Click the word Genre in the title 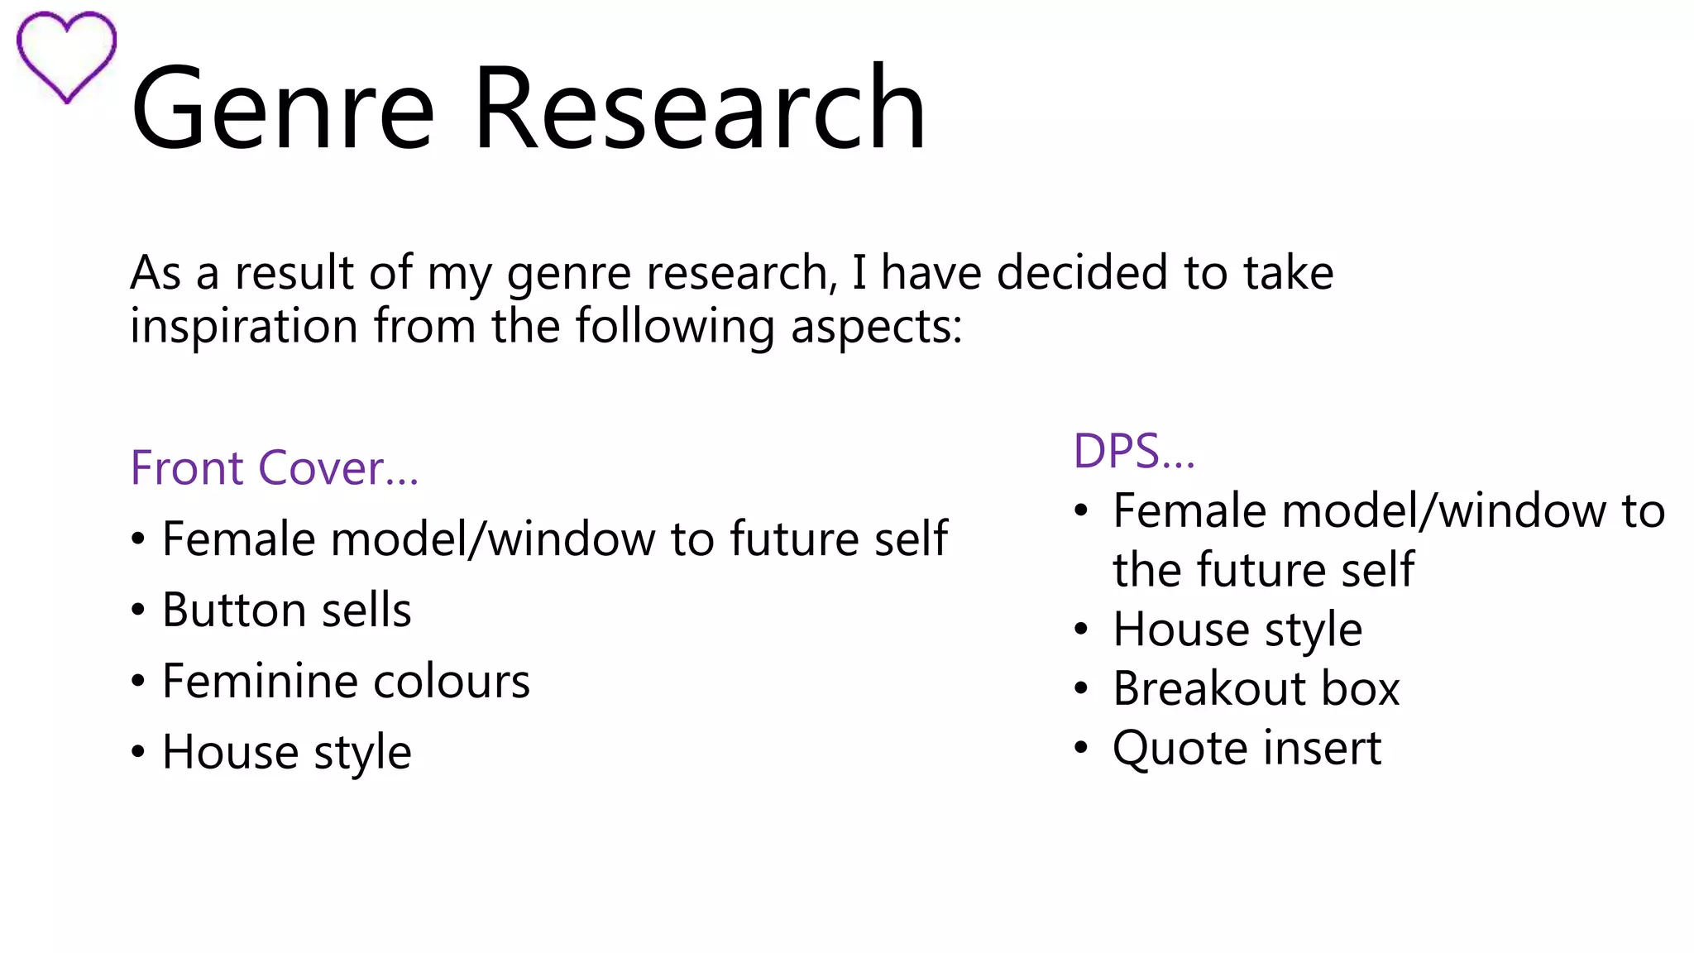282,110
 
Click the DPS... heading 1134,452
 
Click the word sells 366,611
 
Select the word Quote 1180,749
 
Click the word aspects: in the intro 876,326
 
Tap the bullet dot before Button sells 138,611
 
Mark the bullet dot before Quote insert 1081,748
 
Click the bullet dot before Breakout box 1081,688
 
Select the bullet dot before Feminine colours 138,682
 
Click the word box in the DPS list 1361,688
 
